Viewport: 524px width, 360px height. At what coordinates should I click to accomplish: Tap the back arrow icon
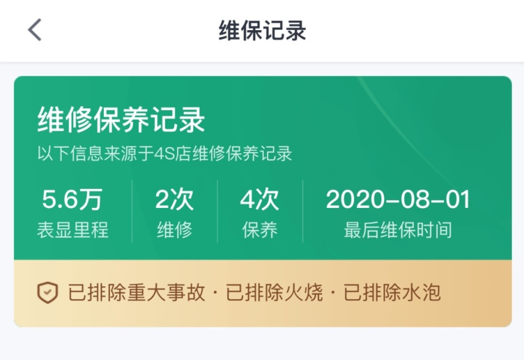[x=35, y=30]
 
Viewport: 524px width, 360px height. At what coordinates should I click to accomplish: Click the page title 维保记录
[x=262, y=30]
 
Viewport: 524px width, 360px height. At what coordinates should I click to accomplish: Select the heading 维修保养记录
[x=121, y=120]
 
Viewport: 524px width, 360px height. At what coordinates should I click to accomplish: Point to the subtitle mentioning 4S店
[x=164, y=153]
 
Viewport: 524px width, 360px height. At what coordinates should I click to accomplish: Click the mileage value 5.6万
[x=72, y=200]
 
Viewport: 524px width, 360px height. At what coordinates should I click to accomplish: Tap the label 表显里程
[x=72, y=230]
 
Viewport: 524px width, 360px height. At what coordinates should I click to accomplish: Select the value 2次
[x=174, y=200]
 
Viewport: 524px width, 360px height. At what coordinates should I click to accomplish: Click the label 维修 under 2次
[x=174, y=230]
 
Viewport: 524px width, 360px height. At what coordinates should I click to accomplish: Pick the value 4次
[x=260, y=200]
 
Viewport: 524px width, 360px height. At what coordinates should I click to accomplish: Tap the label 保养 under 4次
[x=260, y=230]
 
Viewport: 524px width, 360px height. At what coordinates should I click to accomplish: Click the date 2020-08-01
[x=398, y=200]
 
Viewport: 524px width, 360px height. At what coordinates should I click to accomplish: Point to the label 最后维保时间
[x=398, y=230]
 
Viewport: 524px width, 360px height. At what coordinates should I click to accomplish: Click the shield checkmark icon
[x=47, y=293]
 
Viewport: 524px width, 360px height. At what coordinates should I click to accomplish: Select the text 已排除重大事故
[x=137, y=294]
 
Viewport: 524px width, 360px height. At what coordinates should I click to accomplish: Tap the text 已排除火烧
[x=274, y=294]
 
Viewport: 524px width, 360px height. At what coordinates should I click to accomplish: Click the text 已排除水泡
[x=392, y=294]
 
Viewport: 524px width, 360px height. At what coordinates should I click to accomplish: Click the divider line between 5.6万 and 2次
[x=132, y=212]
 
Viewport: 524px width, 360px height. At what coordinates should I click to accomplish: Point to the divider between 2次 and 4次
[x=217, y=212]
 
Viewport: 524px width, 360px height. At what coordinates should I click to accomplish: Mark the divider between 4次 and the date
[x=303, y=212]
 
